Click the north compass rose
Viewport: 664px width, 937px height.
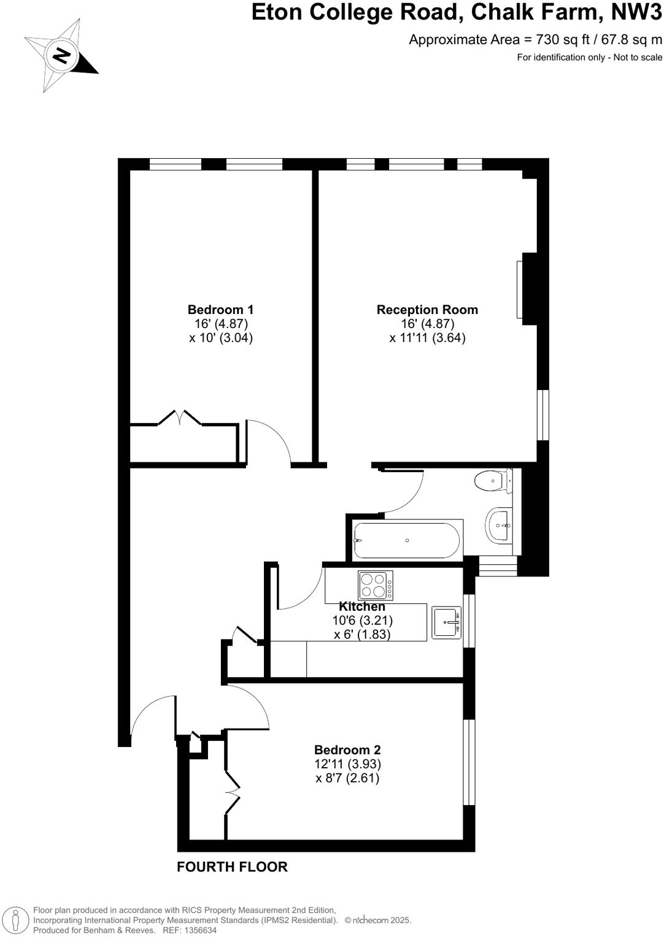61,56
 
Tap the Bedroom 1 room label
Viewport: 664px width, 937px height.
220,310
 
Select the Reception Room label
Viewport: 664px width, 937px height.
427,310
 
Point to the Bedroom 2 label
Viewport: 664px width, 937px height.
347,749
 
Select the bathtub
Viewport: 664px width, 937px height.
406,540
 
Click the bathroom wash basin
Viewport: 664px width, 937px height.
500,524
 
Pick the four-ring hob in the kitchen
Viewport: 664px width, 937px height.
376,585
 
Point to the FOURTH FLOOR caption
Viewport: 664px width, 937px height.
232,866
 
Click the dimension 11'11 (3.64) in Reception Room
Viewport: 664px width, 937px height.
427,337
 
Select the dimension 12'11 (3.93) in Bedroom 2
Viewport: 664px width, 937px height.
347,764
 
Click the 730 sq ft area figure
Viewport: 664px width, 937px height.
558,40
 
